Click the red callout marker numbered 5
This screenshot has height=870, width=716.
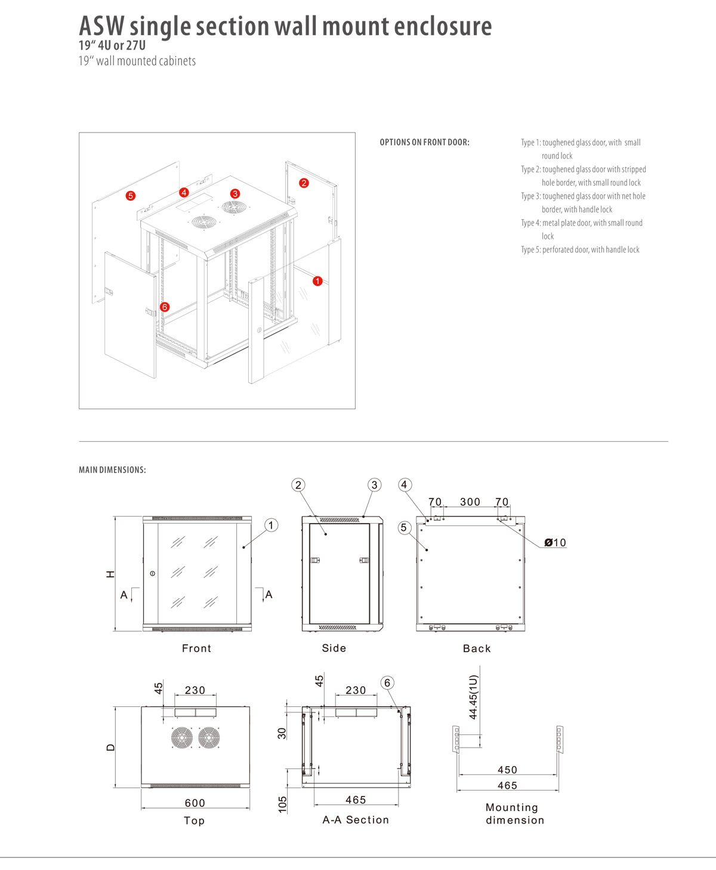tap(131, 196)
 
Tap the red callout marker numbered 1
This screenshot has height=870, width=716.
tap(317, 281)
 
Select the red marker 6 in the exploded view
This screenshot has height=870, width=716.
tap(165, 307)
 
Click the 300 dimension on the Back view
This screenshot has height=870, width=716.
tap(470, 502)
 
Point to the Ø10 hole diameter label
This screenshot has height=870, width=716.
tap(555, 543)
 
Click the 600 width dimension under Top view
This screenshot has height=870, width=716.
tap(195, 803)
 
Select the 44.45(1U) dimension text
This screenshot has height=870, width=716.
tap(473, 697)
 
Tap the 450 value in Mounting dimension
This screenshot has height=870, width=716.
tap(508, 770)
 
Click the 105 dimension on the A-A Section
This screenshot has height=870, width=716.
tap(283, 804)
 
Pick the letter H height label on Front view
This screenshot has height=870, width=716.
tap(110, 574)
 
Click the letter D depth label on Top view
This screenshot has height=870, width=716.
tap(110, 748)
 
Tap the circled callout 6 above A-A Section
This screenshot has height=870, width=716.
tap(387, 683)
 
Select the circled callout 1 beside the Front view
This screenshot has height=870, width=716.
tap(271, 525)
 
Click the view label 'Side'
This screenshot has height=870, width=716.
tap(334, 648)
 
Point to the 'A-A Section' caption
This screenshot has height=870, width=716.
tap(356, 820)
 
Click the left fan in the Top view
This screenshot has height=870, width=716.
tap(182, 738)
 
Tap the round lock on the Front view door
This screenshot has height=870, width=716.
tap(153, 573)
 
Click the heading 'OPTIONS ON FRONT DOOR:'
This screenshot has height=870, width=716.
tap(424, 143)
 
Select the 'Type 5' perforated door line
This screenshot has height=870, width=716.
tap(580, 250)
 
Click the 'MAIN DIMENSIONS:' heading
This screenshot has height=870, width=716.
tap(112, 470)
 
